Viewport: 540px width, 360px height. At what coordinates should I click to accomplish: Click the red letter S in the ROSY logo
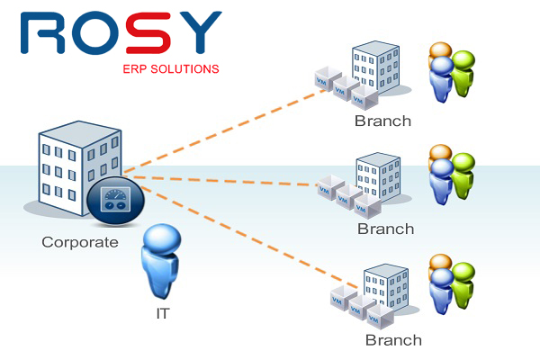(x=148, y=34)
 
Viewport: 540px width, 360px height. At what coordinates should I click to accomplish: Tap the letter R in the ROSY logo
(x=42, y=34)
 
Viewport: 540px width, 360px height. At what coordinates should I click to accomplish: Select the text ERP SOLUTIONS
(x=170, y=68)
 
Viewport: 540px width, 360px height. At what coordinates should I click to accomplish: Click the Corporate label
(x=79, y=242)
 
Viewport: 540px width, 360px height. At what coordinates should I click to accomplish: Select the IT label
(x=163, y=314)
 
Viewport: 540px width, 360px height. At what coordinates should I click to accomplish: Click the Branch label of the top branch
(x=382, y=121)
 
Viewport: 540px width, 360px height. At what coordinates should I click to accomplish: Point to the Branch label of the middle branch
(x=385, y=229)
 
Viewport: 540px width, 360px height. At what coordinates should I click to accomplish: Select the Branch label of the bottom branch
(x=393, y=340)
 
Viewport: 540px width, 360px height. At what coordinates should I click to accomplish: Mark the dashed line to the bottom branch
(x=234, y=233)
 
